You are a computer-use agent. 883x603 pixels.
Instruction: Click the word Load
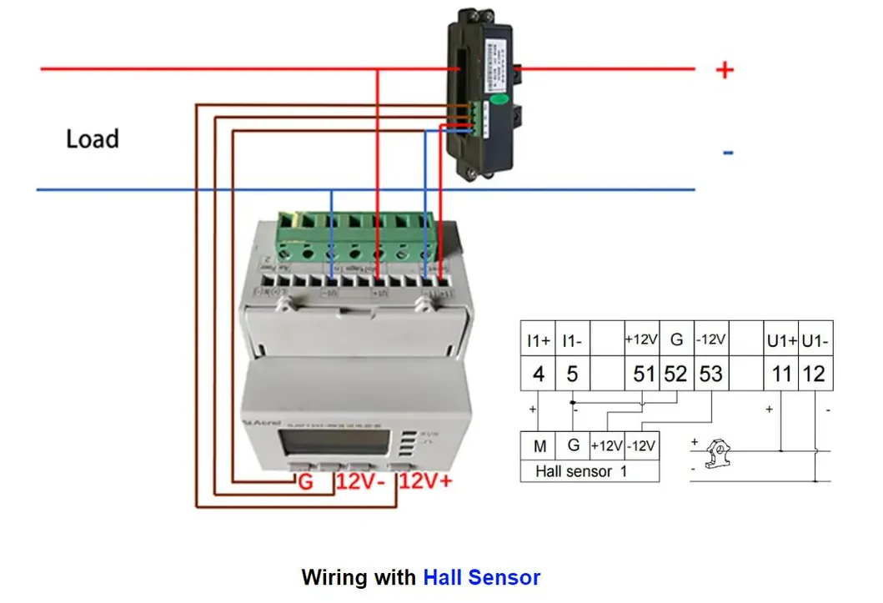[x=93, y=138]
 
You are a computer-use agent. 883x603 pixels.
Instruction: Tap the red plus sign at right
[x=725, y=70]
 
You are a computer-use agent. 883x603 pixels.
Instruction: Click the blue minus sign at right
[x=728, y=153]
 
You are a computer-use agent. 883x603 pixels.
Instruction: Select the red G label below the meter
[x=305, y=481]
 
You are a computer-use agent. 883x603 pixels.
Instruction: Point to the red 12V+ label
[x=425, y=481]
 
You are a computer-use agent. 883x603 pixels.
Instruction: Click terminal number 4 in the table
[x=539, y=374]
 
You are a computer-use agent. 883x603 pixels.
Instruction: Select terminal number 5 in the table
[x=572, y=374]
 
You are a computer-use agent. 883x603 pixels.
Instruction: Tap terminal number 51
[x=644, y=374]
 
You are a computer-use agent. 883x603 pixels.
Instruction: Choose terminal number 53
[x=710, y=374]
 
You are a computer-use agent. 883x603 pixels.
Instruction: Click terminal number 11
[x=781, y=374]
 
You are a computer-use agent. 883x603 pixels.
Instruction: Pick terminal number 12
[x=814, y=374]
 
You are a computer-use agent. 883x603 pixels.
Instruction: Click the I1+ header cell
[x=539, y=341]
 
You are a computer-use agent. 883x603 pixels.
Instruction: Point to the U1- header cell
[x=815, y=341]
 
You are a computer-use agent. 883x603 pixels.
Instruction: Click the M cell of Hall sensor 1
[x=539, y=446]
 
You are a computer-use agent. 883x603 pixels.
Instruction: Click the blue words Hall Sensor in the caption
[x=482, y=577]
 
